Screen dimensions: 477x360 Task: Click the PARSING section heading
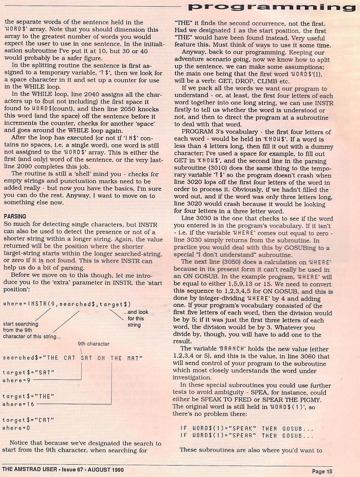pyautogui.click(x=15, y=216)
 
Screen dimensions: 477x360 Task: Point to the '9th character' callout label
pyautogui.click(x=93, y=344)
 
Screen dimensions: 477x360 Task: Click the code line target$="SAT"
pyautogui.click(x=29, y=373)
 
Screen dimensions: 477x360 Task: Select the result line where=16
pyautogui.click(x=18, y=404)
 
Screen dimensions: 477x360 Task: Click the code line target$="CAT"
pyautogui.click(x=29, y=420)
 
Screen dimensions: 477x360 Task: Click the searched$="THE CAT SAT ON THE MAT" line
pyautogui.click(x=73, y=358)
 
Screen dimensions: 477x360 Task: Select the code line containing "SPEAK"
pyautogui.click(x=246, y=428)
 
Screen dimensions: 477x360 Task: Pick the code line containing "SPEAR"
pyautogui.click(x=246, y=436)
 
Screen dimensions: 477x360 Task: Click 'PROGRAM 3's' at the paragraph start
pyautogui.click(x=200, y=132)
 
